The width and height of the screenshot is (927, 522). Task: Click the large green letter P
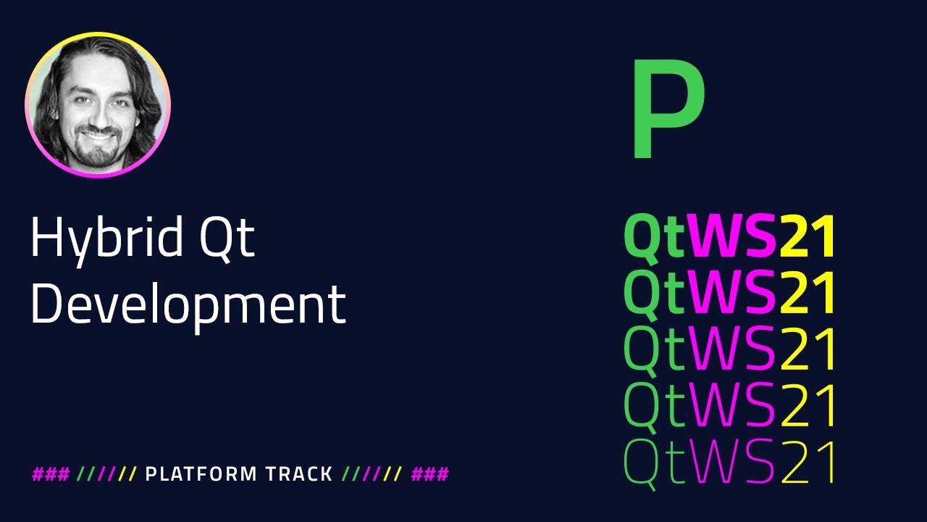pos(666,110)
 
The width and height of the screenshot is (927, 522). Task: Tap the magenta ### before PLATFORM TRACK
pos(51,475)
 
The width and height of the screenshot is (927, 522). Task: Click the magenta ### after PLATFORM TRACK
pos(430,475)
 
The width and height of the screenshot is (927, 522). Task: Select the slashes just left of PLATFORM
pos(107,475)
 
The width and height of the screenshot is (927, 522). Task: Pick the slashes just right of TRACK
pos(372,475)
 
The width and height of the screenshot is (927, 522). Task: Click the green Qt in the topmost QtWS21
pos(654,238)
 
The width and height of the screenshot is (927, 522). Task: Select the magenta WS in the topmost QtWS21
pos(732,238)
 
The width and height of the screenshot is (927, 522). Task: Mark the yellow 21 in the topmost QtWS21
pos(808,238)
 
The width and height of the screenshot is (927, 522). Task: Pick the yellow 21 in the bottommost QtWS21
pos(808,462)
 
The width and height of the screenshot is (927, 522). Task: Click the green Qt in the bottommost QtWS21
pos(654,462)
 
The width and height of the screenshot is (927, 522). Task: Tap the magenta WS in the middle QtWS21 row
pos(732,350)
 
